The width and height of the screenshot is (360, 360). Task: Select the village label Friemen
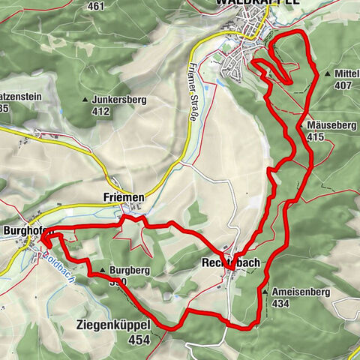123,196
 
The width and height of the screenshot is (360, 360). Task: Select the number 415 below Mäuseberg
315,136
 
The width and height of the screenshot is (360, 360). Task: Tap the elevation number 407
343,85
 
